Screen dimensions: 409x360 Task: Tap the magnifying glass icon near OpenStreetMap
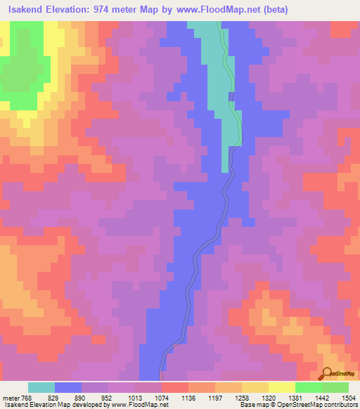pyautogui.click(x=326, y=373)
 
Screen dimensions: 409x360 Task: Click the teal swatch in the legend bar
pyautogui.click(x=41, y=387)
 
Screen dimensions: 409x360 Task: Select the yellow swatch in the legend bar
pyautogui.click(x=281, y=387)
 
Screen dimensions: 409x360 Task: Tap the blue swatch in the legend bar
pyautogui.click(x=67, y=387)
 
